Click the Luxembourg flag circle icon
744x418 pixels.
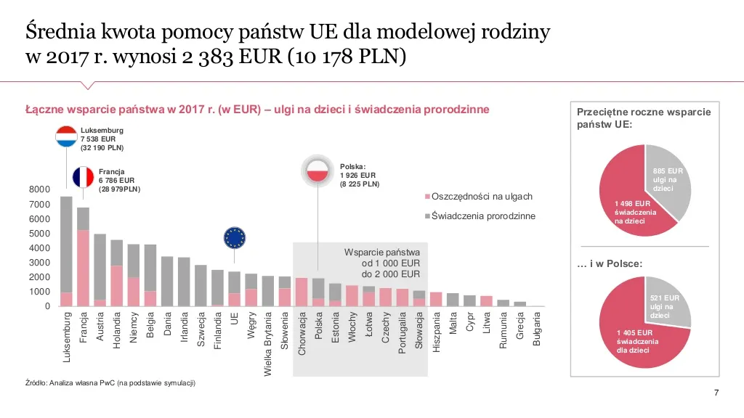coord(66,136)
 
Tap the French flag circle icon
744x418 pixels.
coord(84,177)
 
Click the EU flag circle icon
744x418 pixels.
coord(235,237)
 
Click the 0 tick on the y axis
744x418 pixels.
coord(47,306)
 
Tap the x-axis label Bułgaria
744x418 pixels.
coord(537,329)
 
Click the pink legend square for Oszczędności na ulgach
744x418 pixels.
coord(427,197)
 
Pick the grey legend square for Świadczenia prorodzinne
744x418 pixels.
coord(427,216)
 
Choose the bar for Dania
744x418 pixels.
coord(167,282)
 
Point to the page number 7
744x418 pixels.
coord(716,393)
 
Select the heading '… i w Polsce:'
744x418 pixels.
coord(610,264)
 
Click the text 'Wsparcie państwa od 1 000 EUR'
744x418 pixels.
coord(382,258)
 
